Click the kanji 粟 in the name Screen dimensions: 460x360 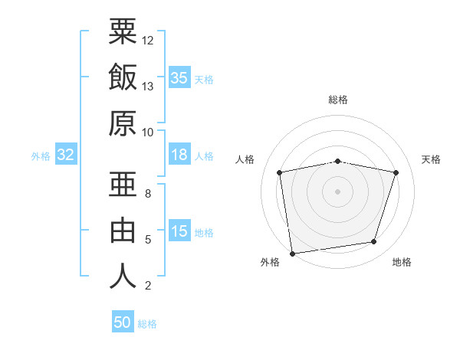tap(123, 31)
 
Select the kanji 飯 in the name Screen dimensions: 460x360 tap(123, 77)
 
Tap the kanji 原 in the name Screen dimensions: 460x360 tap(123, 123)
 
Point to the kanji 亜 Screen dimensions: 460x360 tap(123, 184)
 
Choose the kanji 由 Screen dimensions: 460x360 tap(123, 230)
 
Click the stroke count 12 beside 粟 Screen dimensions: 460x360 tap(147, 41)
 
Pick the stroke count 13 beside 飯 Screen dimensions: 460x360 tap(147, 87)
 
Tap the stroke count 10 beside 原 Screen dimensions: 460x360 tap(147, 133)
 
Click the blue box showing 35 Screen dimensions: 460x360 tap(179, 77)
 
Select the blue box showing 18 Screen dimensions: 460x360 tap(179, 154)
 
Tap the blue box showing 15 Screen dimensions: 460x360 tap(179, 230)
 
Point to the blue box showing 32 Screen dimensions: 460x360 tap(66, 154)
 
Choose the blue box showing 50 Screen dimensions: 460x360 tap(123, 321)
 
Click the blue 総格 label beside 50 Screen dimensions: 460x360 tap(147, 324)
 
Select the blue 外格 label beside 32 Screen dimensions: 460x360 tap(41, 156)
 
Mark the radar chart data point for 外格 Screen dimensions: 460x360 tap(292, 254)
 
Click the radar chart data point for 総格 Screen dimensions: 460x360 tap(337, 162)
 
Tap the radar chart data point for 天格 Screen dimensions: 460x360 tap(396, 172)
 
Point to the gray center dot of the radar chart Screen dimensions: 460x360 tap(337, 191)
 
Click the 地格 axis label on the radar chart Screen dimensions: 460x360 tap(402, 262)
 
